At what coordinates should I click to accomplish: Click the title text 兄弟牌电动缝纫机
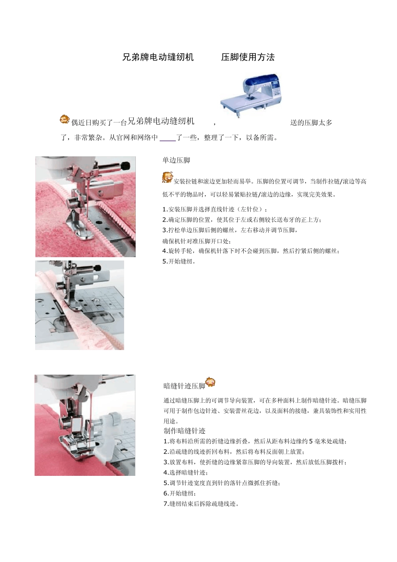[x=158, y=57]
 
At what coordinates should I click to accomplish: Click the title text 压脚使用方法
[x=248, y=57]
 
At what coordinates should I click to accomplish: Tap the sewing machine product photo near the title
[x=252, y=92]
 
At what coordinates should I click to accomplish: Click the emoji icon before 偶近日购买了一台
[x=64, y=120]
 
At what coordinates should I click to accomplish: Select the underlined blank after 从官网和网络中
[x=168, y=138]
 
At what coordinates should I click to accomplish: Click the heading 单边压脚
[x=176, y=160]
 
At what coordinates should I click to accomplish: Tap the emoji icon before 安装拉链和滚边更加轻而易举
[x=167, y=178]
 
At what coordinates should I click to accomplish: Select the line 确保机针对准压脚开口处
[x=196, y=241]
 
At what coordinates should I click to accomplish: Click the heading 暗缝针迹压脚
[x=184, y=386]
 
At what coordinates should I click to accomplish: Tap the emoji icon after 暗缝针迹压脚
[x=210, y=382]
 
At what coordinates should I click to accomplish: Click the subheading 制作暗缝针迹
[x=184, y=431]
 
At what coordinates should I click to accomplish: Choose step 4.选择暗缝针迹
[x=185, y=473]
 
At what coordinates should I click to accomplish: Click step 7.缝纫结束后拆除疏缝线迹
[x=201, y=504]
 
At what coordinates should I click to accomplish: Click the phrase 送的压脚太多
[x=311, y=123]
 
